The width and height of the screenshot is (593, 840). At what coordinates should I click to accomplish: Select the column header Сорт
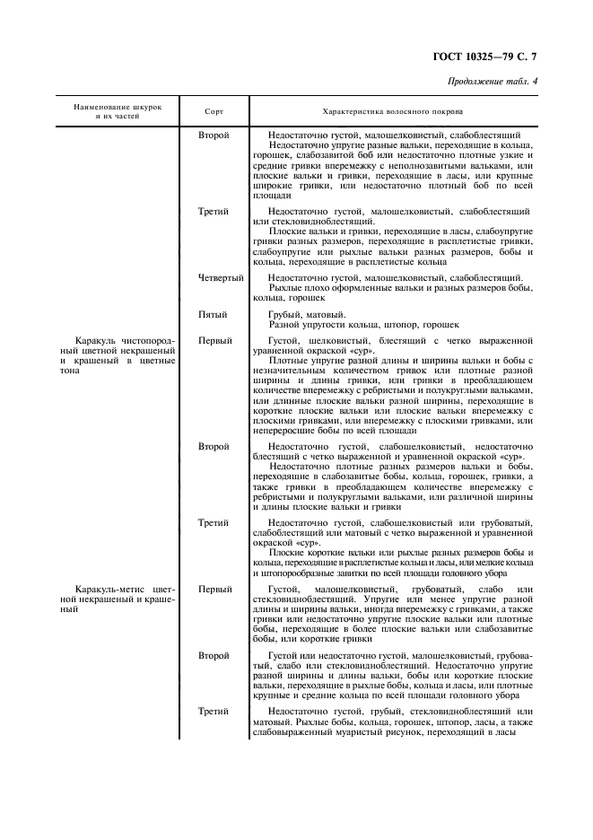(214, 112)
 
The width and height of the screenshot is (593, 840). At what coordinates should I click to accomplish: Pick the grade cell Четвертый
(221, 279)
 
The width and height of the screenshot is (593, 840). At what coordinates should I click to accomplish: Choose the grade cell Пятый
(214, 315)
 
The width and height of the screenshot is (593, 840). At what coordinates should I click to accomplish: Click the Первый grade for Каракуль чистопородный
(215, 341)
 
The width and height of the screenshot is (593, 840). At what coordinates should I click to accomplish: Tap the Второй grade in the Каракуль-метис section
(214, 656)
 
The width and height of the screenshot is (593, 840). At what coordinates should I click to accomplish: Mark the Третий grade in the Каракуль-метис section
(214, 711)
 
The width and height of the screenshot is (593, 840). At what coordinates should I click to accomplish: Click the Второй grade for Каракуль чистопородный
(214, 446)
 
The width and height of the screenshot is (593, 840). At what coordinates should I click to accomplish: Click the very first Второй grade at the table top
(214, 134)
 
